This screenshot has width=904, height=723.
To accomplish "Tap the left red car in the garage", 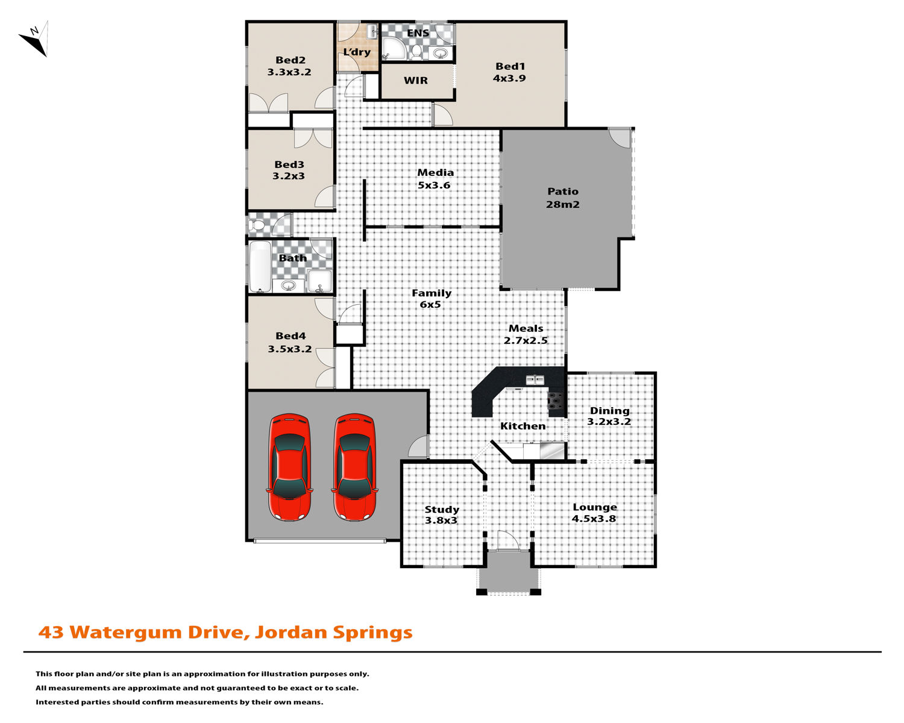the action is pyautogui.click(x=289, y=467).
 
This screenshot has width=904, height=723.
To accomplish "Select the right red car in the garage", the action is pyautogui.click(x=354, y=467).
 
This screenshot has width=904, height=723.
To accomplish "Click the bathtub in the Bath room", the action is pyautogui.click(x=260, y=266).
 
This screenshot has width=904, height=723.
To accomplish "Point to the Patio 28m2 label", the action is pyautogui.click(x=563, y=198).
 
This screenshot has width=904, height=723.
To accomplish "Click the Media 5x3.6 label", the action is pyautogui.click(x=435, y=178).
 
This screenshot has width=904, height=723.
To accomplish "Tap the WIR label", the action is pyautogui.click(x=415, y=80).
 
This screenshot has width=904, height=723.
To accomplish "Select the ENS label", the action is pyautogui.click(x=418, y=33).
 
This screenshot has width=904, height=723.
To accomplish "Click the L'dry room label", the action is pyautogui.click(x=357, y=52).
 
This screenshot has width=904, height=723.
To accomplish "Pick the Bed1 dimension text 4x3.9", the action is pyautogui.click(x=509, y=78).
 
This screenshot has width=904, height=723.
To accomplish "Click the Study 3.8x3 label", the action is pyautogui.click(x=442, y=515).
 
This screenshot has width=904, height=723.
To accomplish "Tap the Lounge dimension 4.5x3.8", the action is pyautogui.click(x=594, y=518).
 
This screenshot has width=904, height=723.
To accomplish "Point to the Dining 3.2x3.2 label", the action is pyautogui.click(x=609, y=416).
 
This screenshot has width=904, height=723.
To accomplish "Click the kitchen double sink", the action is pyautogui.click(x=535, y=380).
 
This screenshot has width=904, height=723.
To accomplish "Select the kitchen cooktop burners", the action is pyautogui.click(x=555, y=401).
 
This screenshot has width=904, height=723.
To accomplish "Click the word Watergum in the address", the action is pyautogui.click(x=126, y=633).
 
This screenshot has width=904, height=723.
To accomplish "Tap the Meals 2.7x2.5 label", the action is pyautogui.click(x=526, y=334).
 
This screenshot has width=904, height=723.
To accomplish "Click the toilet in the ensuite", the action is pyautogui.click(x=416, y=52).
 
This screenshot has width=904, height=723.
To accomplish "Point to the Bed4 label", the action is pyautogui.click(x=290, y=336).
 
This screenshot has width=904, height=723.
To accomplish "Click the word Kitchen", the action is pyautogui.click(x=523, y=426).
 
